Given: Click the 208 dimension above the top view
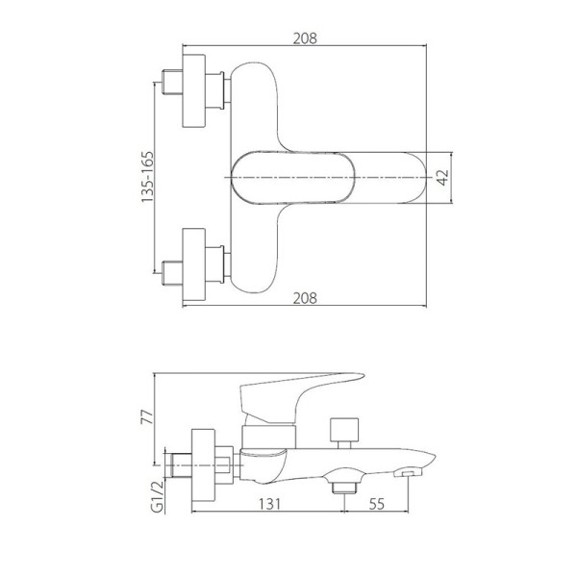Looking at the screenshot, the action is (305, 38).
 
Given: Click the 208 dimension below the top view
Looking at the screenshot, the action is (305, 298).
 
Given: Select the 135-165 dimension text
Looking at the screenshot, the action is (147, 177).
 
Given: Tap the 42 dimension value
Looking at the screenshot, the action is (443, 178).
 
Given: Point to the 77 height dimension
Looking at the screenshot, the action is (146, 417).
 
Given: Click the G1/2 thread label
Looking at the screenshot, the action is (157, 496).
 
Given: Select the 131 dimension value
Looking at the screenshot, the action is (269, 504).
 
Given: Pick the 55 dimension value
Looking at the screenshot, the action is (376, 504).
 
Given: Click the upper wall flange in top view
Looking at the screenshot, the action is (194, 91).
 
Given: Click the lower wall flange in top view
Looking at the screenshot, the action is (194, 264).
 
